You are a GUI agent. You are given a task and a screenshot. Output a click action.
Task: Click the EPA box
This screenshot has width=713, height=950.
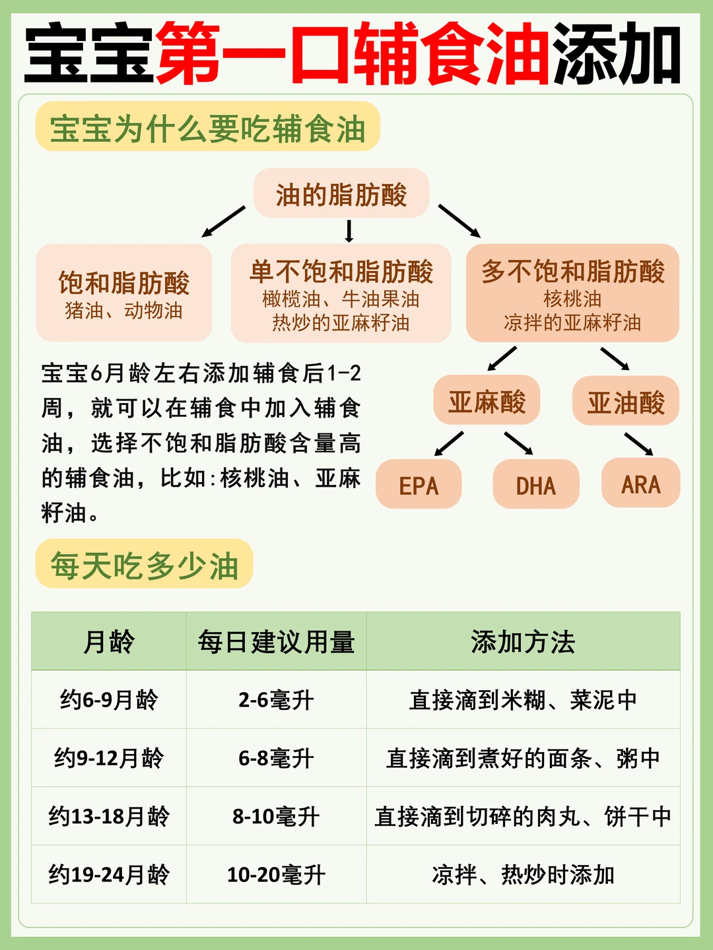click(x=419, y=485)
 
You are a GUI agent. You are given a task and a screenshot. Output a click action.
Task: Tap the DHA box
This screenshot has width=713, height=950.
click(x=535, y=485)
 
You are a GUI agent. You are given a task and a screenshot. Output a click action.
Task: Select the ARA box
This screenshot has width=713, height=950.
click(x=640, y=484)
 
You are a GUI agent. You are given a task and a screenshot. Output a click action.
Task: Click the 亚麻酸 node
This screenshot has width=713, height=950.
click(x=487, y=401)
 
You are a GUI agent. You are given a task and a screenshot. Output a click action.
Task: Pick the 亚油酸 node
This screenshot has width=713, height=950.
click(x=625, y=401)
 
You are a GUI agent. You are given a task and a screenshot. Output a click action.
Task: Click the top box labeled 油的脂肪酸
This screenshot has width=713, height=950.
click(x=341, y=194)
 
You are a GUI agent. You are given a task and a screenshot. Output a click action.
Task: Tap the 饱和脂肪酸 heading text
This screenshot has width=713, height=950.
click(x=124, y=282)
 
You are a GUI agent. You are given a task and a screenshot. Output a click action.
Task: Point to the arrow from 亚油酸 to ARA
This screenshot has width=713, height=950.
click(x=638, y=443)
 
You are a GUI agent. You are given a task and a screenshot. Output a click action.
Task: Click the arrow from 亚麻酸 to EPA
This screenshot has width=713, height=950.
click(x=449, y=443)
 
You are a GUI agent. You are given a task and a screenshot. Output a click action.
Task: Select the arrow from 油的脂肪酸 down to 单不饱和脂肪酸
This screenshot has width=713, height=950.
click(x=349, y=230)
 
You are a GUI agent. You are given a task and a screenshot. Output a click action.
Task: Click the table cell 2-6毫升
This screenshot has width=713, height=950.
click(x=276, y=700)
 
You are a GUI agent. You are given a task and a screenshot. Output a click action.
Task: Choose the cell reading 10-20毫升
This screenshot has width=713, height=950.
click(x=276, y=875)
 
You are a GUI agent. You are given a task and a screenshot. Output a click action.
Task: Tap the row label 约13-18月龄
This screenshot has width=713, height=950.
click(x=109, y=817)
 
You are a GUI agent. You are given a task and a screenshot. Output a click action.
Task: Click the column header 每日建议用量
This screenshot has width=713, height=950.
click(x=276, y=641)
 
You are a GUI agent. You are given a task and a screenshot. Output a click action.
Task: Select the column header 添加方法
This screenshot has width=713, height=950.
click(x=523, y=641)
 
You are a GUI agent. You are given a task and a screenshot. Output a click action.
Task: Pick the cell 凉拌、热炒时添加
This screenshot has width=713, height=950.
click(x=523, y=875)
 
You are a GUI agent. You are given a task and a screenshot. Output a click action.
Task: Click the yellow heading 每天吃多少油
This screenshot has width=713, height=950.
click(x=144, y=565)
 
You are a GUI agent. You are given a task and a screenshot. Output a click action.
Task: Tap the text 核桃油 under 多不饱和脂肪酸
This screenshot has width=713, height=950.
click(x=572, y=299)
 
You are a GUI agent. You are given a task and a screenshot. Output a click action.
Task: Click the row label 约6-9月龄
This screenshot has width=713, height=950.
click(x=109, y=700)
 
